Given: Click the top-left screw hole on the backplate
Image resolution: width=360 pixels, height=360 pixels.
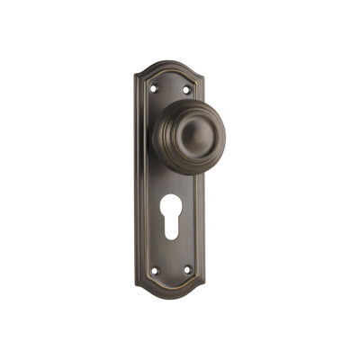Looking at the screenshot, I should (x=152, y=88).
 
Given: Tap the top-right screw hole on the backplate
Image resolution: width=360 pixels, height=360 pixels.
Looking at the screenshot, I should (x=187, y=88).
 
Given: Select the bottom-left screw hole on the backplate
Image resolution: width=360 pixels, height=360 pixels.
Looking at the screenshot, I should (x=153, y=269).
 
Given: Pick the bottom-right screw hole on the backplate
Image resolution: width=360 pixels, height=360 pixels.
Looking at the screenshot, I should (x=188, y=269).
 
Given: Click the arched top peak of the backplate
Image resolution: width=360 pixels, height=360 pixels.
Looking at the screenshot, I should (x=169, y=61).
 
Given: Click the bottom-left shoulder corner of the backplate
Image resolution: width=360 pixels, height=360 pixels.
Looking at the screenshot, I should (x=138, y=286).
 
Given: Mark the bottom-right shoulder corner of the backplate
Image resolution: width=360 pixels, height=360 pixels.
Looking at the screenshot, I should (x=204, y=286).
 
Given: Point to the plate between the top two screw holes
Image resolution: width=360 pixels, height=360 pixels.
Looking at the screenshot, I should (x=169, y=85).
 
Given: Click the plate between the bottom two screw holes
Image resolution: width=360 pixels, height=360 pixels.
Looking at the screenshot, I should (x=171, y=272).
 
